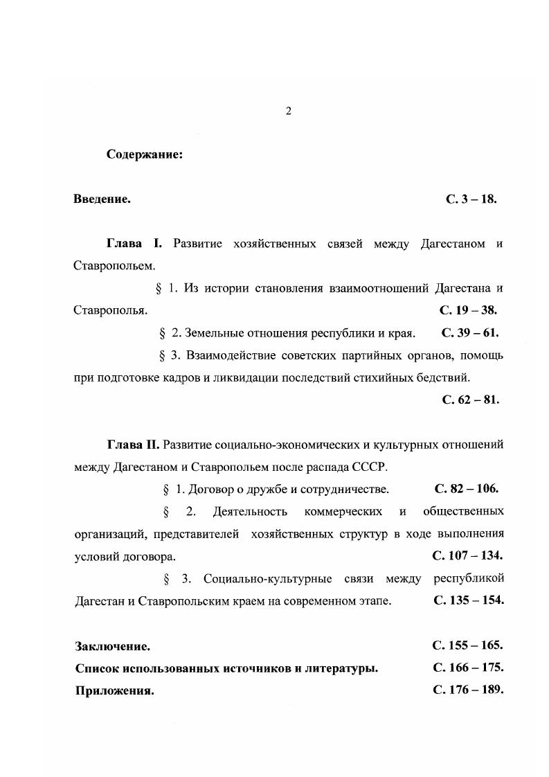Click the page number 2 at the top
click(x=288, y=111)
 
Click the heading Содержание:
click(x=144, y=154)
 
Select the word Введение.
click(x=102, y=199)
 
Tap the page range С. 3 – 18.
click(x=471, y=199)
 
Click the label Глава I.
click(x=134, y=244)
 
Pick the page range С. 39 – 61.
click(x=469, y=332)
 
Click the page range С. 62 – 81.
click(x=470, y=400)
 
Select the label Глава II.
click(x=133, y=444)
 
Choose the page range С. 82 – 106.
click(x=467, y=489)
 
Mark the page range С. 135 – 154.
click(x=468, y=600)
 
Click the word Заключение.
click(x=112, y=647)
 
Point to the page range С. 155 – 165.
click(x=467, y=645)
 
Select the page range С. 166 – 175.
click(x=467, y=668)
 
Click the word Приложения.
click(x=114, y=691)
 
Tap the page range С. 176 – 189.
click(x=467, y=690)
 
